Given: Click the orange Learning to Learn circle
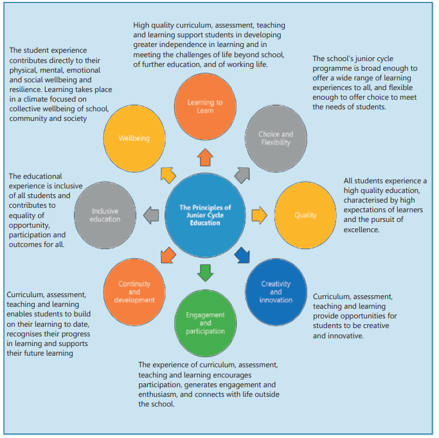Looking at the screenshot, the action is [x=205, y=107].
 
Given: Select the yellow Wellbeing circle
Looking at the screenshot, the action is [x=134, y=138].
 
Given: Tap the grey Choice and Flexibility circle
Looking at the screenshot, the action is [x=276, y=138].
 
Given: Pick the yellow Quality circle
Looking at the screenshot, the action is [x=305, y=215].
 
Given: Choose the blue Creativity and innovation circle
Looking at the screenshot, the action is [x=276, y=292].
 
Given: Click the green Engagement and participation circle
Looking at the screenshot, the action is [x=205, y=323].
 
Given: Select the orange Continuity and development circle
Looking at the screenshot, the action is [x=134, y=292].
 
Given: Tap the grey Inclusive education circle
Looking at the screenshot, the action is [x=105, y=215].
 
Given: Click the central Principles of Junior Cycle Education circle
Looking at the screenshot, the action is [x=205, y=215].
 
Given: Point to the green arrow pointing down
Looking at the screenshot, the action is [x=205, y=273].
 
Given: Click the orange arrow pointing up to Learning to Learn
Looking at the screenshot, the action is [x=205, y=157].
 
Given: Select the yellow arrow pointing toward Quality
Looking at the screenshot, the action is [x=260, y=215].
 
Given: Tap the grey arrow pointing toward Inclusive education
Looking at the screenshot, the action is [x=151, y=215].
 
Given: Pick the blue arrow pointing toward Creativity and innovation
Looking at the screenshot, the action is [x=242, y=255].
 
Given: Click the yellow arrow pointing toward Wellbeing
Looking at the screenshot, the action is [x=168, y=175].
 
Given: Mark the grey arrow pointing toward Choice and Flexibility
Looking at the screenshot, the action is [x=242, y=175].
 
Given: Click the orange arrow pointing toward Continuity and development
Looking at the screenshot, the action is [x=168, y=255].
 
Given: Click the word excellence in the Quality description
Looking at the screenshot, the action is [x=361, y=230].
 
